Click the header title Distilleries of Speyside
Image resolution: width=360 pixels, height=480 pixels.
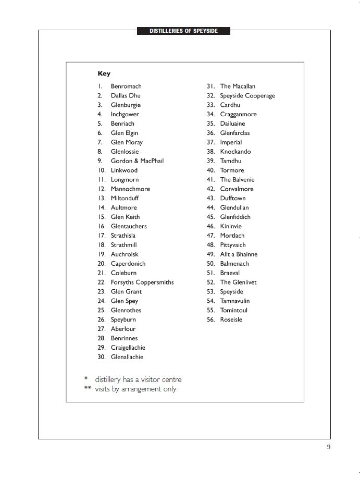[183, 31]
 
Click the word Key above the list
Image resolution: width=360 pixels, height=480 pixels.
[104, 74]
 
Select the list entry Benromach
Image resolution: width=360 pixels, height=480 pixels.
[126, 87]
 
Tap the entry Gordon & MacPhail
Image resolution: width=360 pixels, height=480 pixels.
[137, 161]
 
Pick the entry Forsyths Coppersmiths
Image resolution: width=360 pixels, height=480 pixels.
[142, 282]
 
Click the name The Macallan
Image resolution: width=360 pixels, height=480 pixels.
[238, 87]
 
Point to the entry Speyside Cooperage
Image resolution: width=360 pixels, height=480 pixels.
[247, 96]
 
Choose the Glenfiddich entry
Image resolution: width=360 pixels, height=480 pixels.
[235, 217]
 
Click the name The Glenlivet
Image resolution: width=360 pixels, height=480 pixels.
[238, 282]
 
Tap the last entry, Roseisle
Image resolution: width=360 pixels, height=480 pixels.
[231, 320]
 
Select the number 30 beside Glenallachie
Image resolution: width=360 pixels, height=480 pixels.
[102, 357]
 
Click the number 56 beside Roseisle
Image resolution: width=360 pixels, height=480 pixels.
[210, 320]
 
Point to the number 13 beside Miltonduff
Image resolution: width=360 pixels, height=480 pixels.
[102, 199]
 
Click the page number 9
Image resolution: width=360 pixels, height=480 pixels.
[329, 446]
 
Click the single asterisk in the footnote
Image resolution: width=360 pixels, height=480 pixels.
[86, 378]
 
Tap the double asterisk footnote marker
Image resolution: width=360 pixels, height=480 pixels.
[87, 388]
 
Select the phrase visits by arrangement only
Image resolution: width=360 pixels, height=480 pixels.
[135, 389]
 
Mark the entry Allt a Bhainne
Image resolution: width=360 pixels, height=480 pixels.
[239, 254]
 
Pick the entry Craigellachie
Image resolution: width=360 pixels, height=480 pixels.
[128, 348]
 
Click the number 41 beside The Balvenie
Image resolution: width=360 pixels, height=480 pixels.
[210, 180]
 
